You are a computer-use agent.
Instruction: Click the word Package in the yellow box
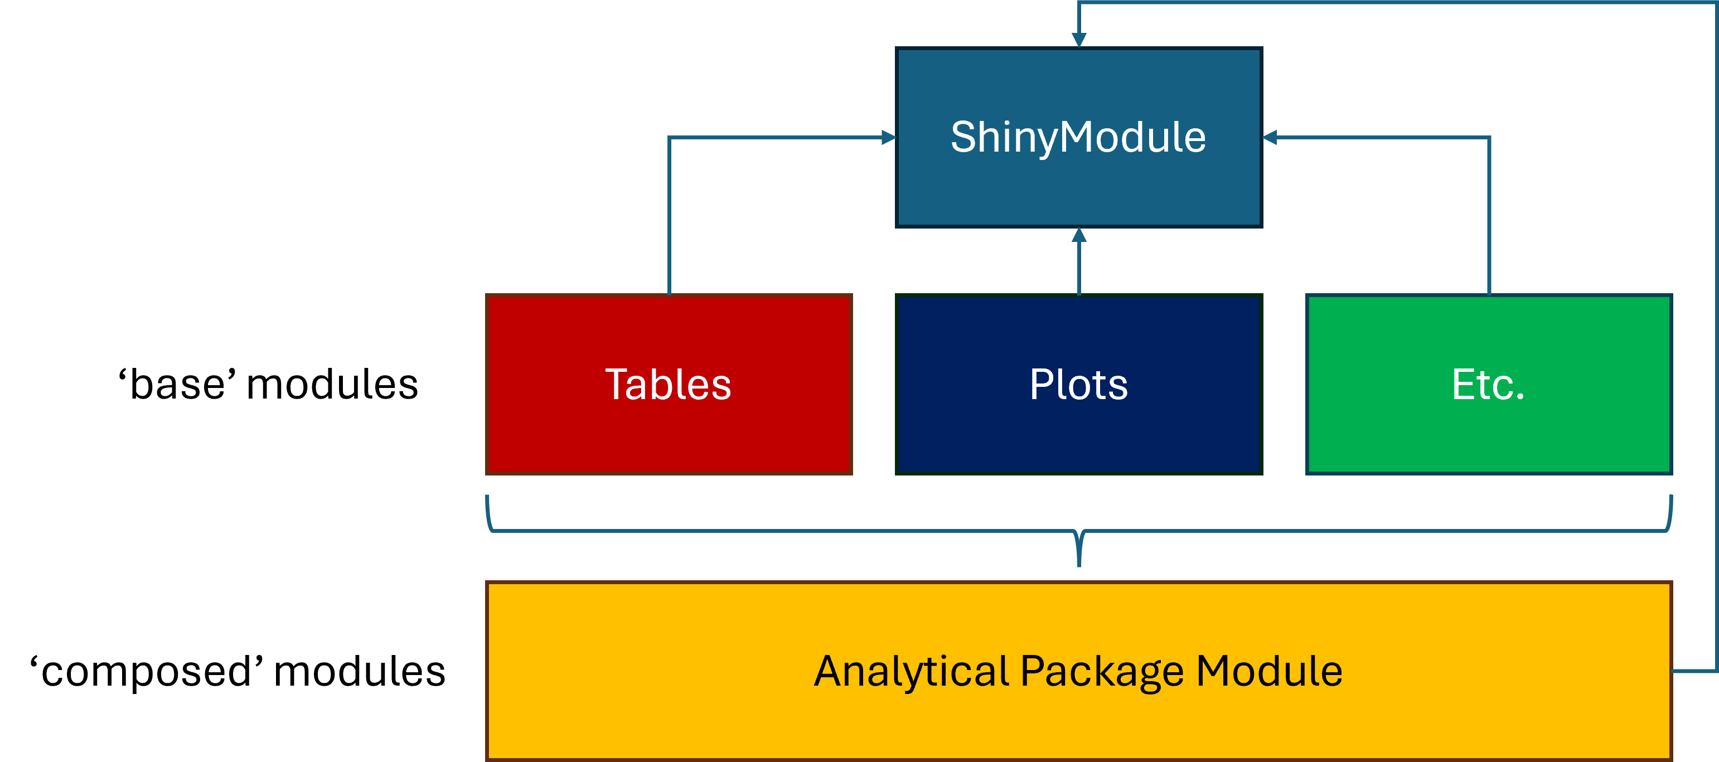1102,671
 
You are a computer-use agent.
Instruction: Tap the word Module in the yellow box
1268,671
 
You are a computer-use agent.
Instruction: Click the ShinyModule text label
1078,138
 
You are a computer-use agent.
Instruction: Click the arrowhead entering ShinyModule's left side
889,138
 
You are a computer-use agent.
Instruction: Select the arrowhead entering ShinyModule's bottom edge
1079,235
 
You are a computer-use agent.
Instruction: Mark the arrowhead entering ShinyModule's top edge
1079,40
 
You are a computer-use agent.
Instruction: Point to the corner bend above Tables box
669,138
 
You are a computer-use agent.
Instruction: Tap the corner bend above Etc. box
1489,138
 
